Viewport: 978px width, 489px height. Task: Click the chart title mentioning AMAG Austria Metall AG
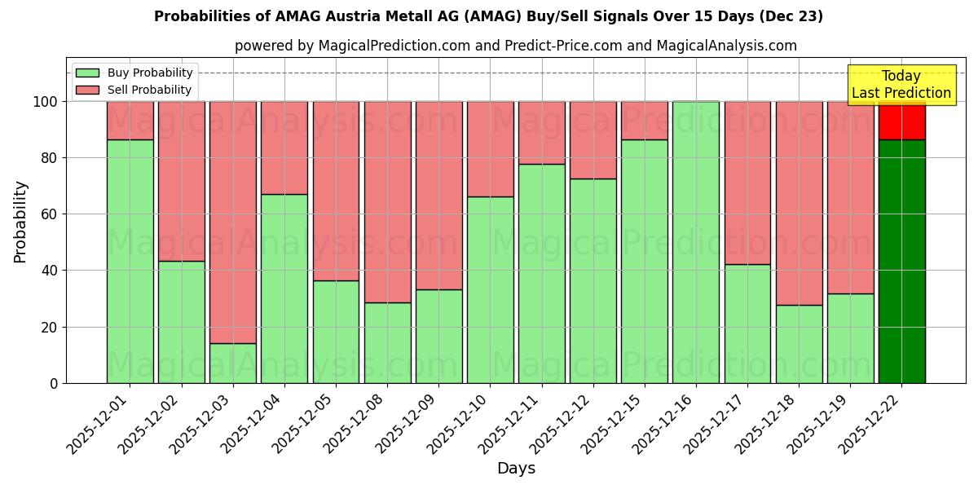(x=488, y=16)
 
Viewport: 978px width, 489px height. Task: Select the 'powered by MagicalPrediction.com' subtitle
(x=515, y=46)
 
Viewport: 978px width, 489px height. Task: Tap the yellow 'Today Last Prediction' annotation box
(x=901, y=85)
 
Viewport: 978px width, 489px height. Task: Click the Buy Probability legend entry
(x=134, y=73)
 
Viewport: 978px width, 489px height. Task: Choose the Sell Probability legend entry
(x=134, y=90)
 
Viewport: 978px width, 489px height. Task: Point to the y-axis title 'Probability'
(x=20, y=221)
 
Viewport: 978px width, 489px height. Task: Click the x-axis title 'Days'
(x=516, y=468)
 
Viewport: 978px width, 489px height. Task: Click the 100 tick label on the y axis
(x=45, y=102)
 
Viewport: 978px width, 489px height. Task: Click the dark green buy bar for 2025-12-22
(x=901, y=261)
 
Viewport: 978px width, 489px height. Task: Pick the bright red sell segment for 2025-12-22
(x=901, y=121)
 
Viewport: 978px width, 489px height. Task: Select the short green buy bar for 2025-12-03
(x=233, y=363)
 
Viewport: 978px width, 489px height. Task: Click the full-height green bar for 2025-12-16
(x=696, y=242)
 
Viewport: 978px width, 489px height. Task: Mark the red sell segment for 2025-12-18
(x=799, y=203)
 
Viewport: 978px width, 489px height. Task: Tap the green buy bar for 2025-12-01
(x=130, y=261)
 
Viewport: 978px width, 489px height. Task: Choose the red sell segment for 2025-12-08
(x=387, y=201)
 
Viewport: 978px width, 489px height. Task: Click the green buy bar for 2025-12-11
(x=542, y=273)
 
